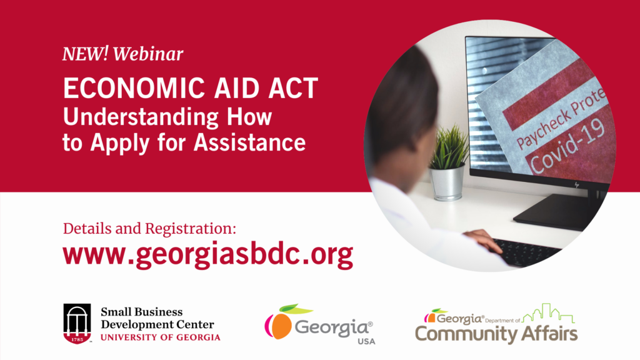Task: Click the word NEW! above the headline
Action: pos(85,54)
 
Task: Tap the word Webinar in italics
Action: pos(148,54)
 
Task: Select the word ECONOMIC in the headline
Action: pos(134,87)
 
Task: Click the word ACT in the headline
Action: pos(293,87)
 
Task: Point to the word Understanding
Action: pos(141,117)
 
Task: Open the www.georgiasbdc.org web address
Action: pos(207,255)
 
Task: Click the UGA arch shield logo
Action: pos(77,323)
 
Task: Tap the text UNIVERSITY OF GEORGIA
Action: pos(161,337)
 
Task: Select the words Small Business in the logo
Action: pos(142,312)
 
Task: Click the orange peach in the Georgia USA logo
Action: pos(281,325)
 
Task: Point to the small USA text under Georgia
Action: pos(366,341)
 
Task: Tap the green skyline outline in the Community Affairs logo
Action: pos(548,314)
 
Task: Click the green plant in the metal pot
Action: pos(449,147)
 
